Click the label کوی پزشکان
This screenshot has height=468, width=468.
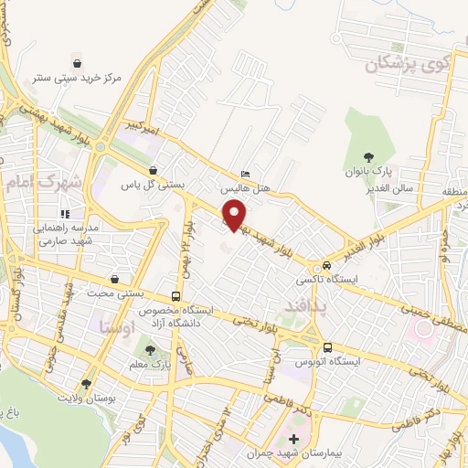coord(409,64)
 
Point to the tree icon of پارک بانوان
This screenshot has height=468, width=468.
coord(369,157)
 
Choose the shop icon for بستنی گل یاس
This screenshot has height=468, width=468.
coord(152,169)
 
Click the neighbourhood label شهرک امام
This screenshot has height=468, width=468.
coord(43,183)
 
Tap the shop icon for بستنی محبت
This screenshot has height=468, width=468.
coord(114,279)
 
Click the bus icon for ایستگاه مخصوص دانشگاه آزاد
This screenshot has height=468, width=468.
coord(175,297)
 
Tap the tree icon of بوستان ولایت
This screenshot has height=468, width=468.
coord(87,385)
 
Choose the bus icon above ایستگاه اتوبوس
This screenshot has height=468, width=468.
coord(328,347)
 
